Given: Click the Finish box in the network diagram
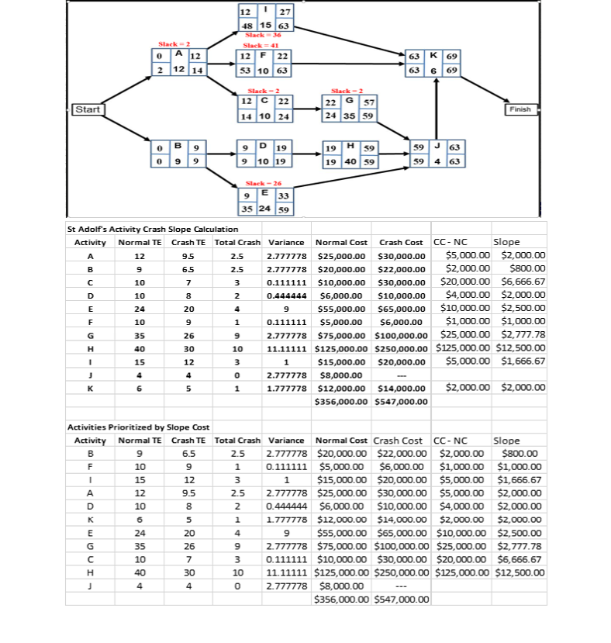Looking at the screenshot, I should click(x=520, y=109).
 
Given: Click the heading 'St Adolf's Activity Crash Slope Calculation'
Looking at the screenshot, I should click(x=153, y=229).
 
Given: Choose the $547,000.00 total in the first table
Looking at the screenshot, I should click(x=400, y=401).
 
